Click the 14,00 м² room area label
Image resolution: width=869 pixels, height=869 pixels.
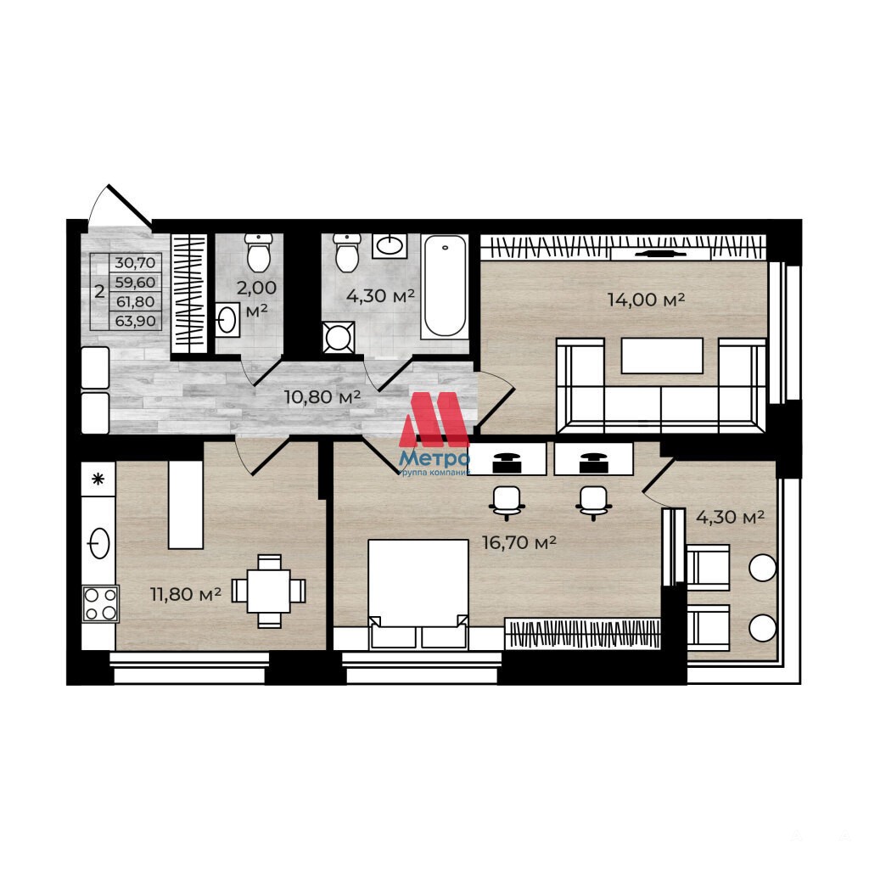pos(646,300)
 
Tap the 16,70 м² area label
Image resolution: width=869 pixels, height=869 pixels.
pos(519,542)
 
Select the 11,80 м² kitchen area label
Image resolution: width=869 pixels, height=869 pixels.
pos(186,594)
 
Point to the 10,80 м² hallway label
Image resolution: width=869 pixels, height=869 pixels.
pos(322,397)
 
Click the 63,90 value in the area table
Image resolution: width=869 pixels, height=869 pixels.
pos(135,321)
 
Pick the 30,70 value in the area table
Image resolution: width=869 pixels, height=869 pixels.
pos(135,263)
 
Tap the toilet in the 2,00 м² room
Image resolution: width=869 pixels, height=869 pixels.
pos(259,253)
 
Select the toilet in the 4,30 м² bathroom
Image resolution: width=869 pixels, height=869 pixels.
pos(347,253)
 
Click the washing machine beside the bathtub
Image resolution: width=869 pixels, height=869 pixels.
pos(338,337)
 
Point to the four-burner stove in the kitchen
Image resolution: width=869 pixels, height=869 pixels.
pos(100,604)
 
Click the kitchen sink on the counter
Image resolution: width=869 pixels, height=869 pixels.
pos(98,543)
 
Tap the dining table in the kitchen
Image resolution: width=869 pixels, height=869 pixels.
pos(268,591)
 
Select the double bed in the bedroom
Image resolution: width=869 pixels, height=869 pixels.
pos(418,593)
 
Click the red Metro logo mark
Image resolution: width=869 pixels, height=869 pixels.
pos(434,419)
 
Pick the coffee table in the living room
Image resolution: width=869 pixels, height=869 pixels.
pos(662,356)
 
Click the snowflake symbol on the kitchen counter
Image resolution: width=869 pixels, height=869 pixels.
pos(98,479)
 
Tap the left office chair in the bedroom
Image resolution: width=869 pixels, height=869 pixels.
pos(507,502)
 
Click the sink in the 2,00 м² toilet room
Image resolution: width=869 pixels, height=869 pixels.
pos(227,320)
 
